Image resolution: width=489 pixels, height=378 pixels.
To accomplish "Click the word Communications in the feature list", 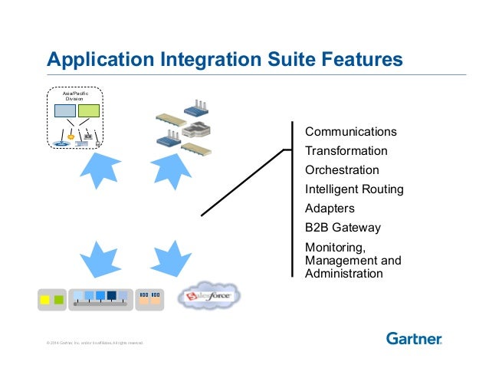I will click(x=350, y=132).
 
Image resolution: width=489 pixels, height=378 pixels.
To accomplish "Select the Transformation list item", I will click(x=346, y=151).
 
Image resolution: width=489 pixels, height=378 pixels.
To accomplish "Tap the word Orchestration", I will click(x=342, y=170).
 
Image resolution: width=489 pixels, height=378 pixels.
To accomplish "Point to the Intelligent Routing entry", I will click(x=354, y=189).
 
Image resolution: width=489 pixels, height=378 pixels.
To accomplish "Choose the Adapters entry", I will click(x=330, y=209).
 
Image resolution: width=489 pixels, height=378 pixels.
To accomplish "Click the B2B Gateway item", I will click(x=343, y=228).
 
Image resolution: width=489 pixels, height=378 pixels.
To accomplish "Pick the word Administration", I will click(x=343, y=273).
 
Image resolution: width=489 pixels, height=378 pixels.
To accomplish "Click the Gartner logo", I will click(x=414, y=338).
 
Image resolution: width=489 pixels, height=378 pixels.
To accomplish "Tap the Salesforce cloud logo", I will click(x=209, y=296).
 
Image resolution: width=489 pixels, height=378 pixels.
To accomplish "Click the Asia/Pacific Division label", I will click(x=75, y=96).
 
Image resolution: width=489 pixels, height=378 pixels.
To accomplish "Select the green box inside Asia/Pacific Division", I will click(x=89, y=111).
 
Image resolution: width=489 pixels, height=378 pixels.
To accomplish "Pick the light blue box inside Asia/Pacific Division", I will click(x=65, y=111).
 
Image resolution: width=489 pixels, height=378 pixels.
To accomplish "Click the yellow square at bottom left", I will click(x=45, y=299).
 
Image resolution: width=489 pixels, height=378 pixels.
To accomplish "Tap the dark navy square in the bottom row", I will click(x=112, y=295).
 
